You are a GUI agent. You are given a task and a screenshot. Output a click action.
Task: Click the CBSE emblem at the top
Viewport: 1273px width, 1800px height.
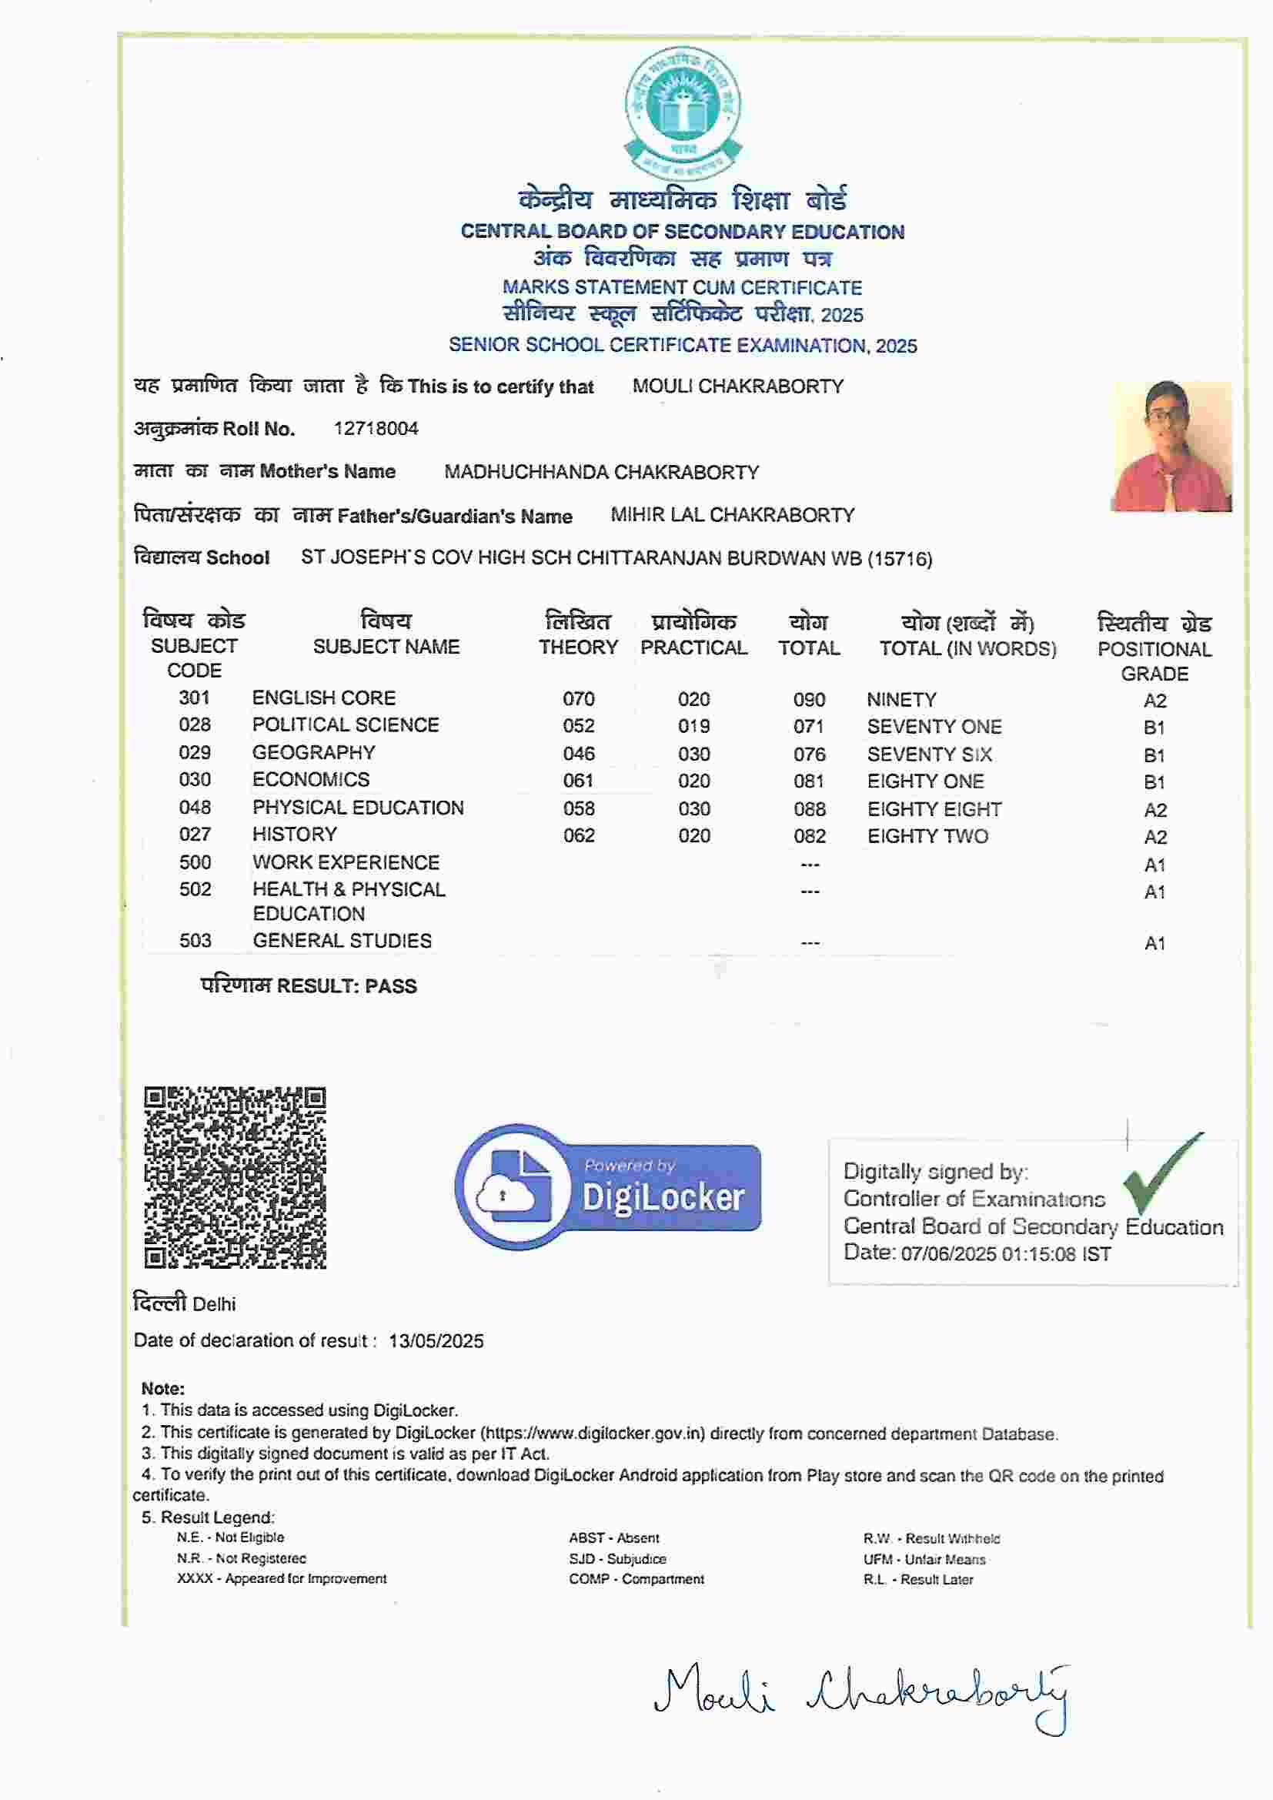coord(683,113)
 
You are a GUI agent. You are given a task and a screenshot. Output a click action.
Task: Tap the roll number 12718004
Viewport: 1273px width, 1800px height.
coord(376,429)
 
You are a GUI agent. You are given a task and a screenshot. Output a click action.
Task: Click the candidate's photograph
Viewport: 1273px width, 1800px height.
coord(1171,446)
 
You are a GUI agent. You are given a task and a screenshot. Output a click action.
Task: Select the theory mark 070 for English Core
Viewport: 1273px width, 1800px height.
coord(579,698)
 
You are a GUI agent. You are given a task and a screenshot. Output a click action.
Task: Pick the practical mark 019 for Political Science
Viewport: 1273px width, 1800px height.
coord(693,726)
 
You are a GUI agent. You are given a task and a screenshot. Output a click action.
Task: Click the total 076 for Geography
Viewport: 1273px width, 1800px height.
coord(809,754)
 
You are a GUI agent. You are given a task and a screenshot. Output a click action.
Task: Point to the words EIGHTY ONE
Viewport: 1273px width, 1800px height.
coord(925,781)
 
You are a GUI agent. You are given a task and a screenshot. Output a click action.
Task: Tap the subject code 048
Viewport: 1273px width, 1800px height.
coord(195,808)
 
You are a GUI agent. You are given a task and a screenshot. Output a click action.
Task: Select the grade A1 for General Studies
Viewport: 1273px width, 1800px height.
coord(1154,943)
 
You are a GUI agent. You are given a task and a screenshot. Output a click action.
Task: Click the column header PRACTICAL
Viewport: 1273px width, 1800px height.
coord(693,647)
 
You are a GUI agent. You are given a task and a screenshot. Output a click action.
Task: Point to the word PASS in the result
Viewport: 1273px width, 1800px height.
coord(390,986)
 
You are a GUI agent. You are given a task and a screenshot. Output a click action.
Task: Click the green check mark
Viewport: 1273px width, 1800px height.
coord(1159,1173)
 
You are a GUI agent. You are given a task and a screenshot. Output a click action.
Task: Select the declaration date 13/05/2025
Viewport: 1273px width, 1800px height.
coord(436,1340)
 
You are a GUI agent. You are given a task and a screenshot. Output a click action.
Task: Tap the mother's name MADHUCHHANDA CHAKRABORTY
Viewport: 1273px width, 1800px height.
coord(601,472)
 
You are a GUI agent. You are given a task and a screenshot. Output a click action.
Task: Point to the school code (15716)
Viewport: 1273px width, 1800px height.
coord(900,559)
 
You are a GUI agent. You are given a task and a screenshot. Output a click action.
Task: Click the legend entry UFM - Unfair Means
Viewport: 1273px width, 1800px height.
coord(924,1559)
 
